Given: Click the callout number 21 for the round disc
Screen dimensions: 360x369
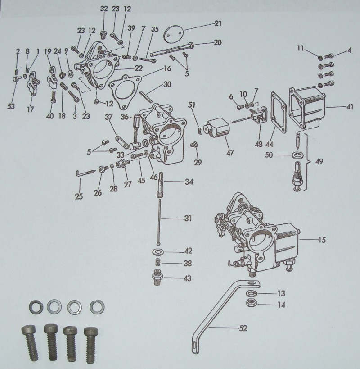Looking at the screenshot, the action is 218,23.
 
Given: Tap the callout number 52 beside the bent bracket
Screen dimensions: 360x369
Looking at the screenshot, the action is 243,328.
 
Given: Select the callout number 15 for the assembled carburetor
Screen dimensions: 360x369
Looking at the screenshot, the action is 322,240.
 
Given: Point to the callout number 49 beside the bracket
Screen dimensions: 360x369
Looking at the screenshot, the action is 319,162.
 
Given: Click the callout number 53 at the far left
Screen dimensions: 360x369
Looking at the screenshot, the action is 11,106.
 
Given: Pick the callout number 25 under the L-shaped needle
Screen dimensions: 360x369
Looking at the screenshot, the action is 79,196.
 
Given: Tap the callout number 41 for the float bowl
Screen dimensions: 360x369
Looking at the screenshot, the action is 350,107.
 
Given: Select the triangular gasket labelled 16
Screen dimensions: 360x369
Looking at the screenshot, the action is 125,91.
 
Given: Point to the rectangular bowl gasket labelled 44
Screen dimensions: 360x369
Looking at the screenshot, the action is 279,113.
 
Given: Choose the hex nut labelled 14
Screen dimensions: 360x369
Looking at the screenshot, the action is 251,303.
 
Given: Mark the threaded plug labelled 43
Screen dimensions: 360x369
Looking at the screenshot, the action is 157,277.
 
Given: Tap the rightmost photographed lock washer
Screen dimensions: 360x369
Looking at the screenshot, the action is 97,307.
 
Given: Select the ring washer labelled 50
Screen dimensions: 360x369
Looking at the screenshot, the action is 297,155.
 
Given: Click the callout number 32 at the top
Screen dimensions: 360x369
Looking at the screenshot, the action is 104,9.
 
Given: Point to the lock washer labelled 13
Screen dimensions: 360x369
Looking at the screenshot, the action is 251,293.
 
